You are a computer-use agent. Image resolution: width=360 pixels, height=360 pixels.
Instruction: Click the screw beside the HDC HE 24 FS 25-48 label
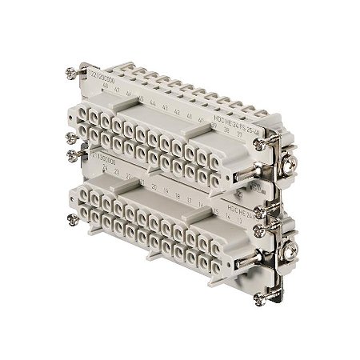coord(259,141)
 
